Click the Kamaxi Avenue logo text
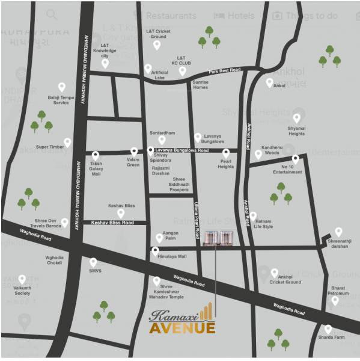coord(182,321)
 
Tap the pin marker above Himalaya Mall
coord(155,251)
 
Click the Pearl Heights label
coord(225,166)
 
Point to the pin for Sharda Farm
coord(328,329)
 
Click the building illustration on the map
coord(217,238)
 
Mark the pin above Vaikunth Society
coord(22,279)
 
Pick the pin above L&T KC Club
coord(183,71)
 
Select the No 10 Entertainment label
coord(287,168)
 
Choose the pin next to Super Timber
coord(68,142)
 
